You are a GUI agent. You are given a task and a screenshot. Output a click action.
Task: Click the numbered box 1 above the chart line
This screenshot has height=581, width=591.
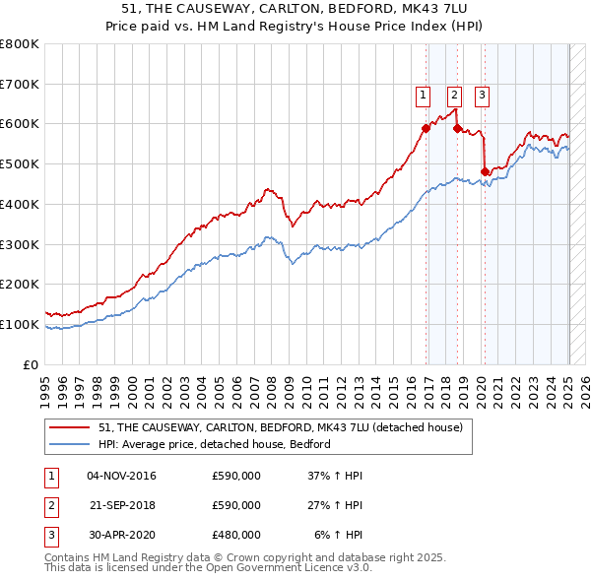pos(423,96)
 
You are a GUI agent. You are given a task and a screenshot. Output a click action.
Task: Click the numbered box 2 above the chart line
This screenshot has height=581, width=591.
pos(454,96)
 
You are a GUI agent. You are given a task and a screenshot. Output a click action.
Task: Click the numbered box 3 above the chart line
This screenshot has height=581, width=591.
pos(483,96)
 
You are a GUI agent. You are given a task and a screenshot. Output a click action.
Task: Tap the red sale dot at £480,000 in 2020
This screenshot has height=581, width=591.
pos(485,171)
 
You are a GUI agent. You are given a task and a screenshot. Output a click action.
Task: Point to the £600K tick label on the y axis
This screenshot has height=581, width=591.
pos(20,124)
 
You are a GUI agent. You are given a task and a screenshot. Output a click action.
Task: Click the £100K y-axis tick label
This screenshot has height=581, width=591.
pos(20,324)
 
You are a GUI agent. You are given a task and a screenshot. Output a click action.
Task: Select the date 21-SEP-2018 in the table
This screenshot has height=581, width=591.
pos(122,505)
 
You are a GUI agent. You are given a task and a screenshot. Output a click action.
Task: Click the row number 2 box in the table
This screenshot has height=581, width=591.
pos(51,505)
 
